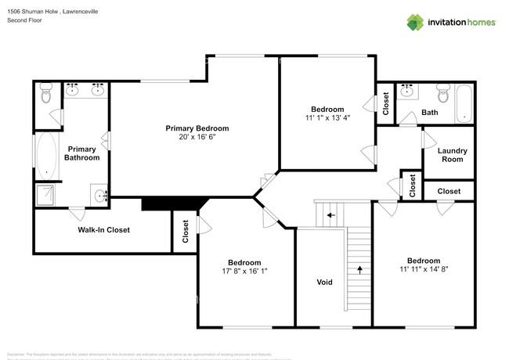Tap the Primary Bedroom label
coord(197,128)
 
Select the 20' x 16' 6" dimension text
coord(197,137)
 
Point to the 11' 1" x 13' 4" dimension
coord(327,118)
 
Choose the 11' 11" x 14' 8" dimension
coord(423,269)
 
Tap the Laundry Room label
coord(452,154)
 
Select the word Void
coord(325,282)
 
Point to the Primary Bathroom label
coord(82,153)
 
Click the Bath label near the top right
coord(430,113)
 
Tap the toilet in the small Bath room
coord(442,96)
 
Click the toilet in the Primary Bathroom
coord(45,96)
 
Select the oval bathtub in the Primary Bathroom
coord(46,154)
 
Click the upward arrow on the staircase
coord(359,268)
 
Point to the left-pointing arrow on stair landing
coord(330,214)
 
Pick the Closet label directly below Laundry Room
coord(449,191)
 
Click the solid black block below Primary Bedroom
coord(171,203)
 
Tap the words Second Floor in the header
coord(23,20)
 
